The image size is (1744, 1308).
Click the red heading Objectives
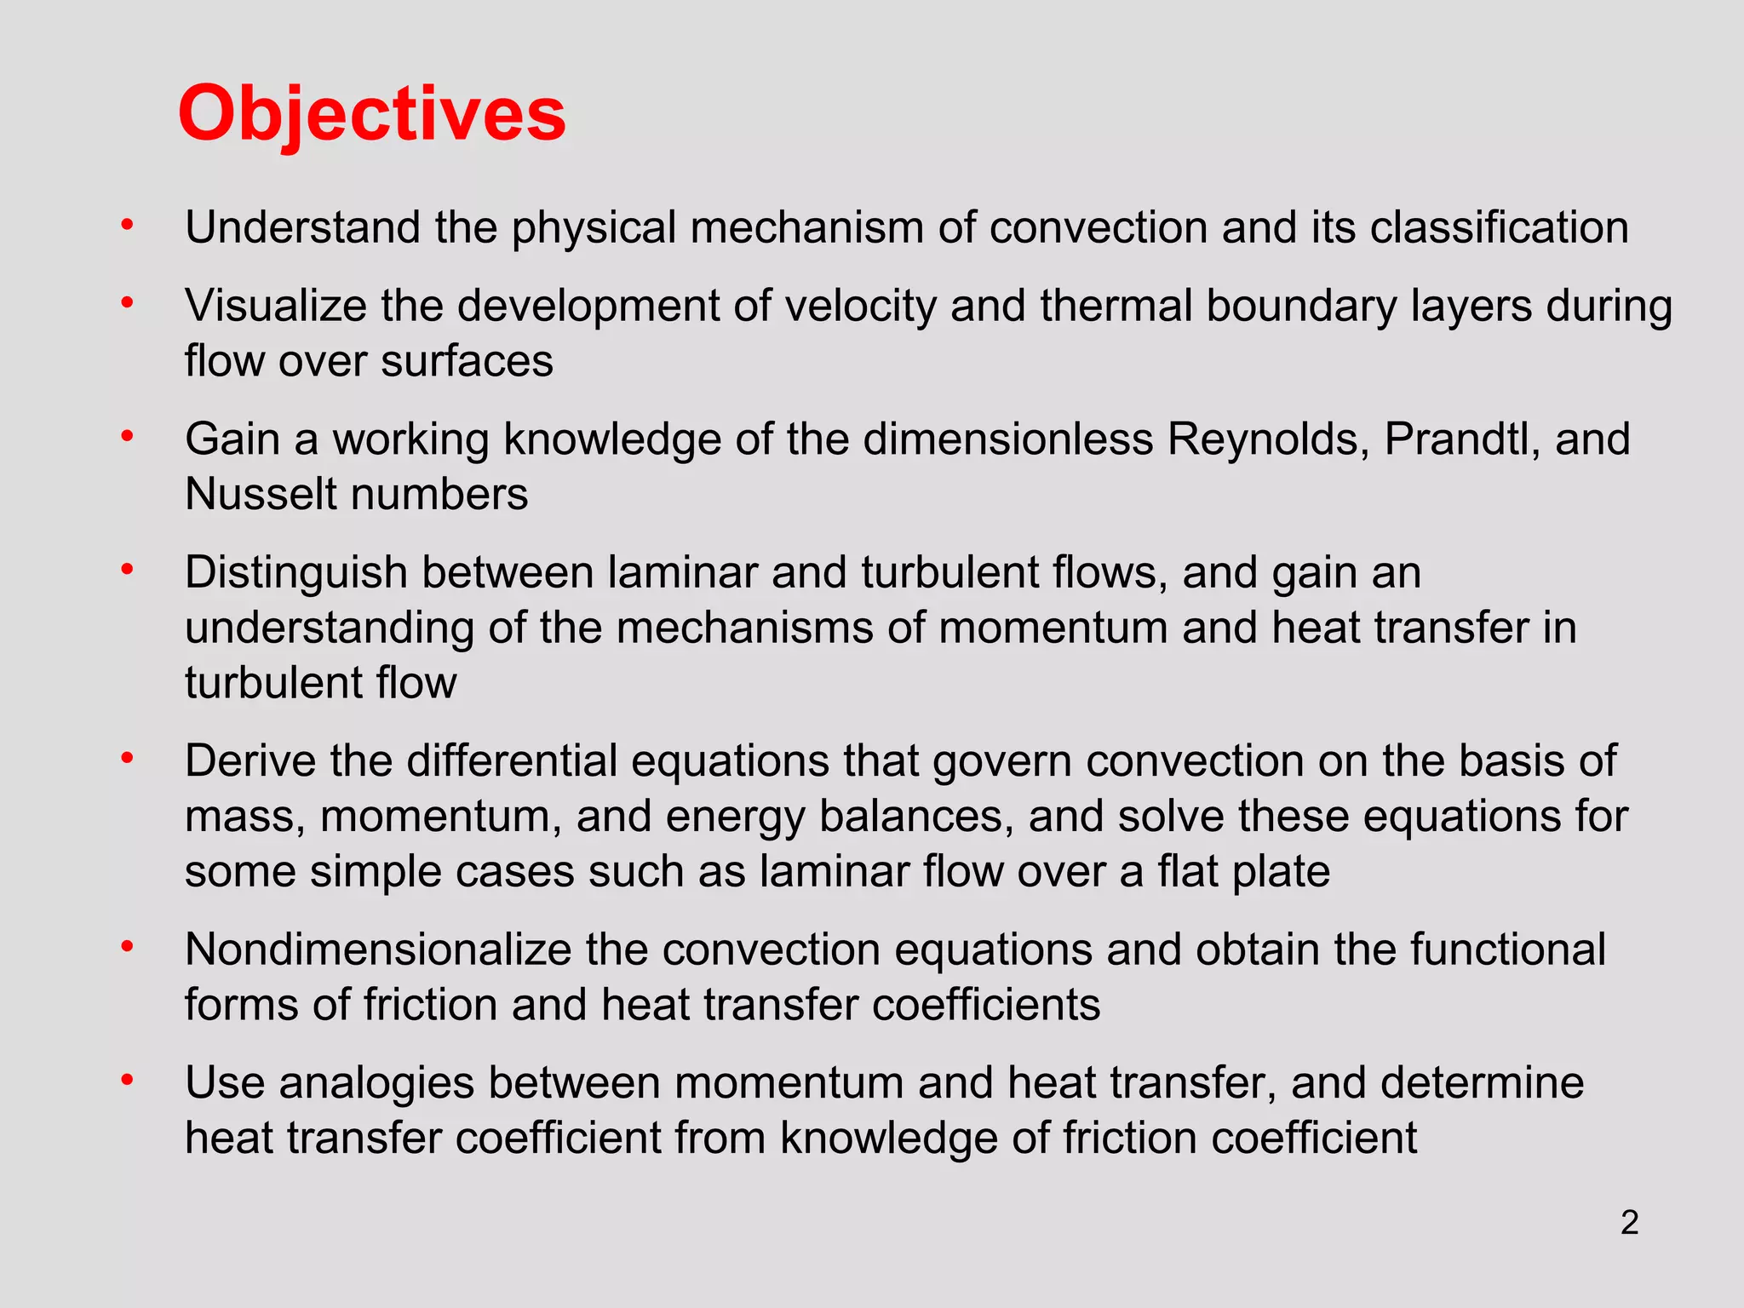(x=372, y=115)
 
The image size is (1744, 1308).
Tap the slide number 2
(x=1629, y=1223)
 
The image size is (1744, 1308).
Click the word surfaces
(x=468, y=361)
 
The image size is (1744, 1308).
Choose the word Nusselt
(x=262, y=495)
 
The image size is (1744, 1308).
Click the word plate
(x=1276, y=872)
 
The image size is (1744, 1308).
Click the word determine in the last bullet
(x=1482, y=1083)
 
